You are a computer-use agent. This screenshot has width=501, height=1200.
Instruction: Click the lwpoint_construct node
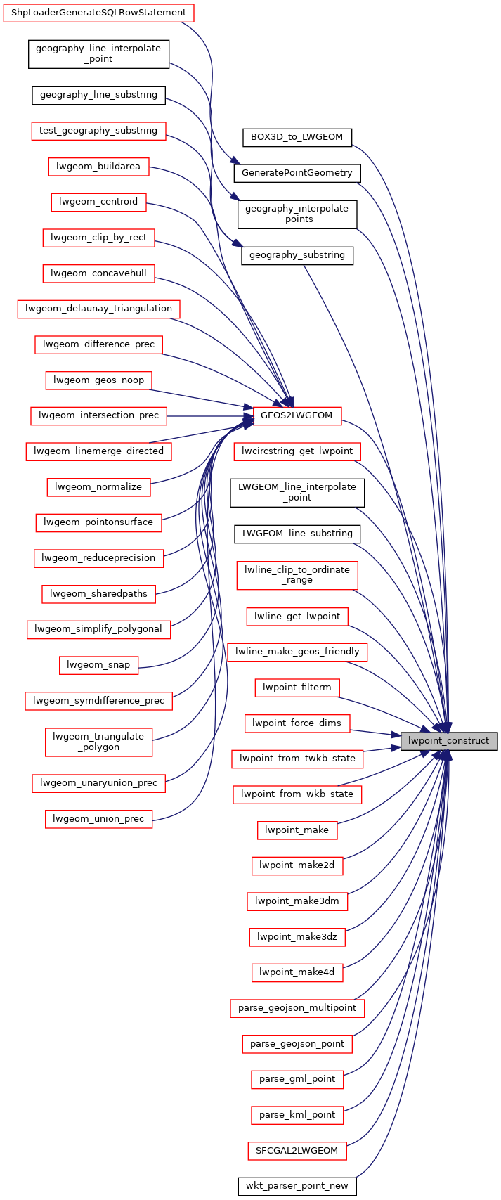(449, 741)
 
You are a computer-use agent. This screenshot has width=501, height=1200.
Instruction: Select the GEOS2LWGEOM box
(297, 415)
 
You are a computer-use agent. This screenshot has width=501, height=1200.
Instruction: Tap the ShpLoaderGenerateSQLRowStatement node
(98, 13)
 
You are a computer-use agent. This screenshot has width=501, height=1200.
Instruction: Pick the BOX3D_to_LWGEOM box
(297, 137)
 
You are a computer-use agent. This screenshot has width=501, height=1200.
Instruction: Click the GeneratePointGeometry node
(297, 172)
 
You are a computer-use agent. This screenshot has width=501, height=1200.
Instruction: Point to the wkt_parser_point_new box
(297, 1186)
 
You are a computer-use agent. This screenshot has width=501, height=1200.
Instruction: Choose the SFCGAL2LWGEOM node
(297, 1151)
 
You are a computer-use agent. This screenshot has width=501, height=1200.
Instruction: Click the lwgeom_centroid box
(98, 202)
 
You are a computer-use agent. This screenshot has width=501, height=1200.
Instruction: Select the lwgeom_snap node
(98, 665)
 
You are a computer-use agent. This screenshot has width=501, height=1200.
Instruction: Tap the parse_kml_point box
(297, 1115)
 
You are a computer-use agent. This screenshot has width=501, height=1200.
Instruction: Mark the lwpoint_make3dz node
(297, 936)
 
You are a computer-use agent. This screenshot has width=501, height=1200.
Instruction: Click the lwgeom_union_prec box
(98, 819)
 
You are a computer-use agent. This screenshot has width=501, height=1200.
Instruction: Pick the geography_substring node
(297, 255)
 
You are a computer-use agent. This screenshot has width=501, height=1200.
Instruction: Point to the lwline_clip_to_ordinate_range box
(297, 575)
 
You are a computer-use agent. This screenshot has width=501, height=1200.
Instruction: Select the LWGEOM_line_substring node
(297, 534)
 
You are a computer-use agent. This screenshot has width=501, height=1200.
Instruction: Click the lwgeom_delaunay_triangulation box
(98, 309)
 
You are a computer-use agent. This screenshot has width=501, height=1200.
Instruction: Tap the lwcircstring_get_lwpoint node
(297, 451)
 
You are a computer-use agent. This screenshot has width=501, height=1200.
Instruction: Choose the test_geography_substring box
(98, 131)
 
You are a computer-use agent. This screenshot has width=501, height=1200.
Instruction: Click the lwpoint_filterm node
(297, 688)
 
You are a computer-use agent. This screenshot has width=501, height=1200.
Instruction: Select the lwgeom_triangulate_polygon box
(98, 742)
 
